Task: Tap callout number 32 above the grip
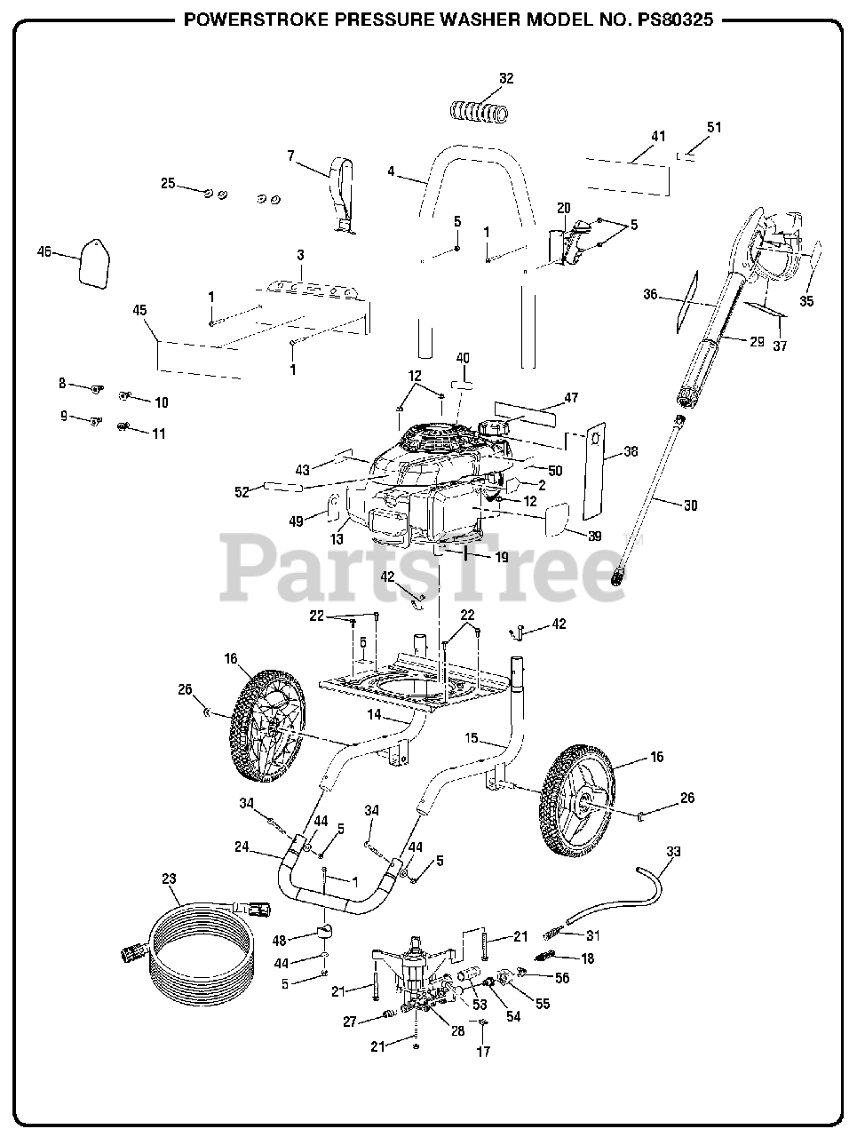[505, 78]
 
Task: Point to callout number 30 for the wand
[690, 505]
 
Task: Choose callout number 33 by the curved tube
[673, 851]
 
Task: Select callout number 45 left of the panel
[139, 311]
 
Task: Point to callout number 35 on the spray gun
[806, 300]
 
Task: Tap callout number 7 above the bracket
[290, 155]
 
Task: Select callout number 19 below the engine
[501, 558]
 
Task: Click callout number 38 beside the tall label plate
[631, 451]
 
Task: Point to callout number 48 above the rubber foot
[280, 940]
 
